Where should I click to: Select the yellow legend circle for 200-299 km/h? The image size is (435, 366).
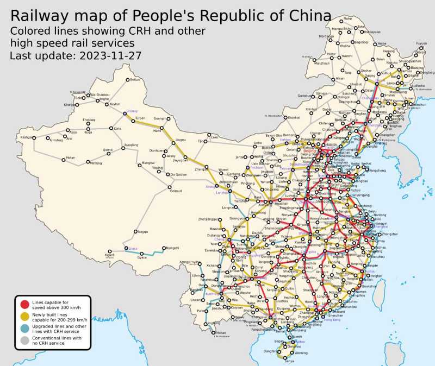click(25, 315)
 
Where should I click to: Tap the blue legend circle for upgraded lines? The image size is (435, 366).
click(25, 328)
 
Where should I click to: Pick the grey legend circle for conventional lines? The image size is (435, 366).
click(25, 340)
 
